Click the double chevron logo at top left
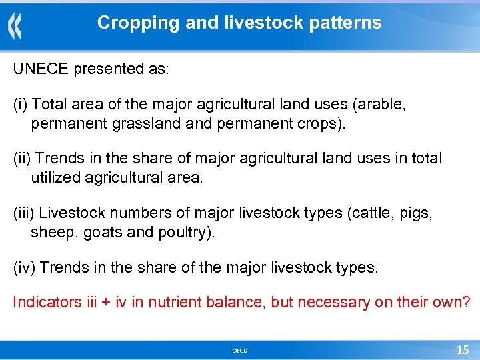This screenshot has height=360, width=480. [x=15, y=26]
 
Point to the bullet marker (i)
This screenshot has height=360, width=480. [x=21, y=105]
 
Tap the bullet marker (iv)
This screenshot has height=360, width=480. [x=24, y=268]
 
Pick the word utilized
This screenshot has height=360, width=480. [x=54, y=178]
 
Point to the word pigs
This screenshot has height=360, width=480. [x=417, y=213]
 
